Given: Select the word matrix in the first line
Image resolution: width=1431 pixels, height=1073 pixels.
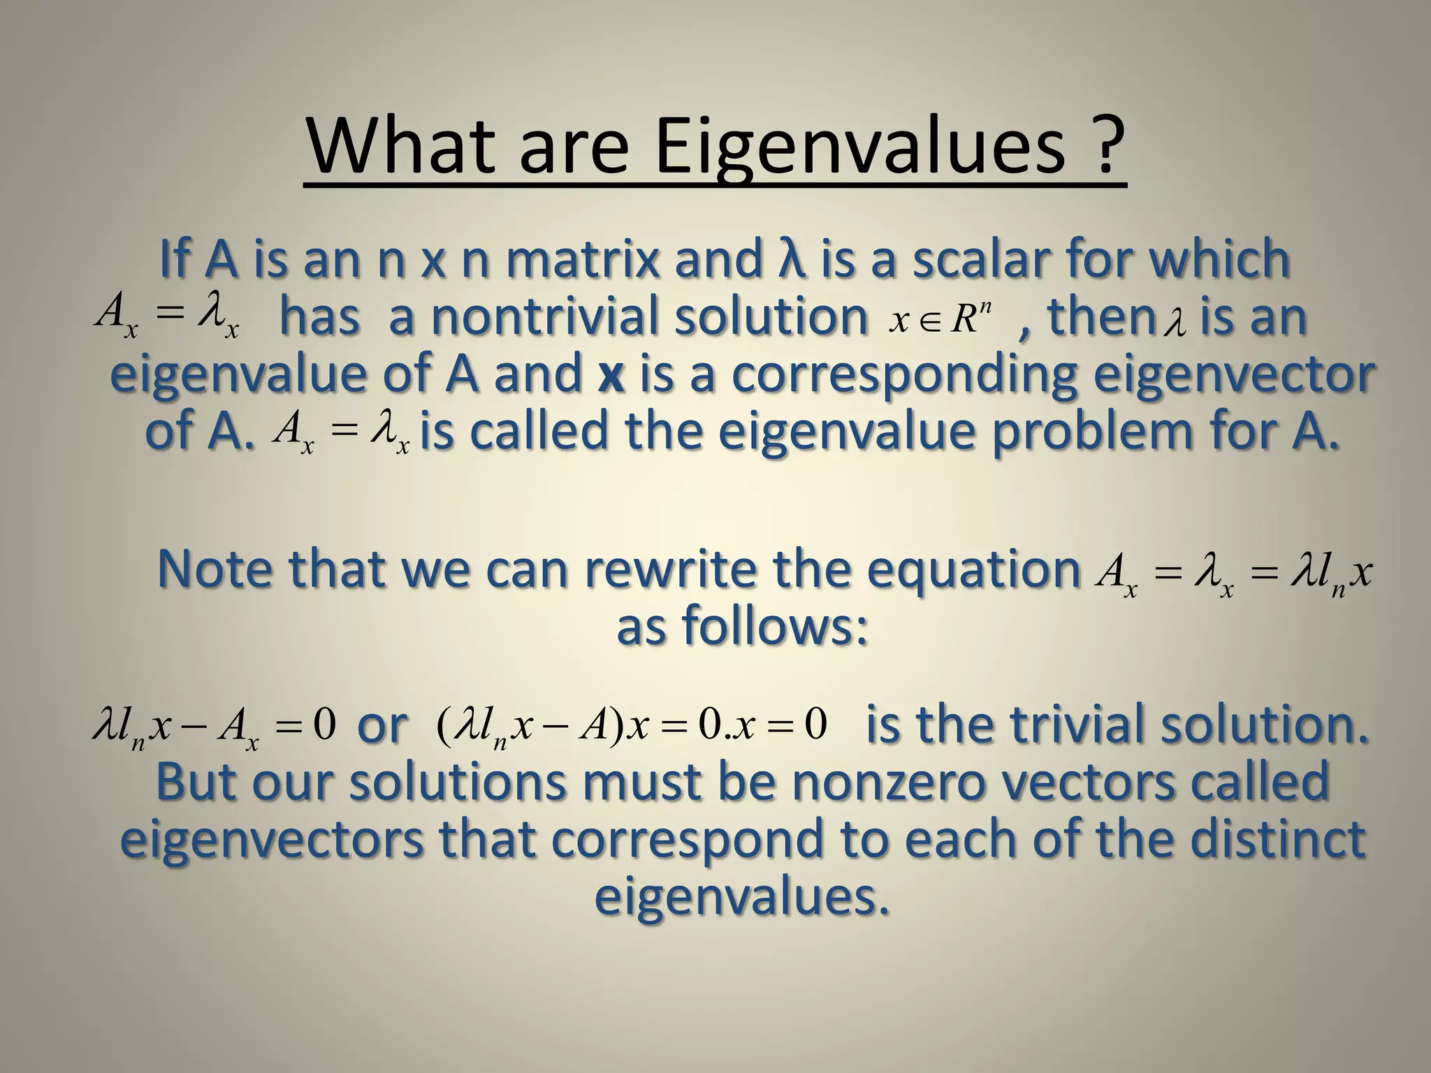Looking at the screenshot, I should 581,258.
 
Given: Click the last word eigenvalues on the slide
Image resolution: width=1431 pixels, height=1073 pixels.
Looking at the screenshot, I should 742,896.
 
